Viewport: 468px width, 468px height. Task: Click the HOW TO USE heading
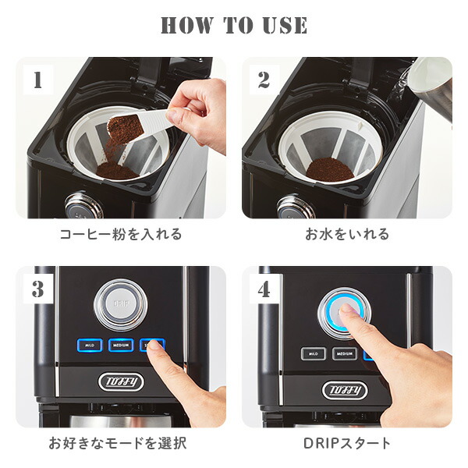click(234, 25)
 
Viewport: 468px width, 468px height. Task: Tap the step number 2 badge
click(264, 80)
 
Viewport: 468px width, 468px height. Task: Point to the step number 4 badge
click(264, 289)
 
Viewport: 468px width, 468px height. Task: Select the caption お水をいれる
click(346, 234)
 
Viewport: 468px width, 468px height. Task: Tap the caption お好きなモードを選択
click(118, 444)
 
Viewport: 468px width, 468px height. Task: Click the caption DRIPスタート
click(346, 444)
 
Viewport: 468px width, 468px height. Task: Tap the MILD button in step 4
click(314, 353)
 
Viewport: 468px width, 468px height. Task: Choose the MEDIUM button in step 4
click(346, 353)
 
